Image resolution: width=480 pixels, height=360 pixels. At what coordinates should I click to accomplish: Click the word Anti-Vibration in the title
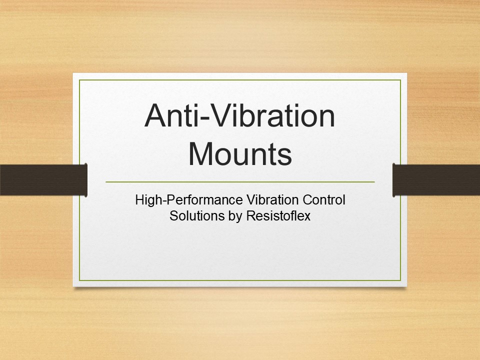point(240,116)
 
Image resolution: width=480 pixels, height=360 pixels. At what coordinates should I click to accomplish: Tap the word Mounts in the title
point(240,154)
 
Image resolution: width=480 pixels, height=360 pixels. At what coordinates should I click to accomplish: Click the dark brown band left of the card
point(43,180)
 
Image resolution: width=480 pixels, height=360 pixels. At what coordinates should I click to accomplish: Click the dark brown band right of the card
point(436,180)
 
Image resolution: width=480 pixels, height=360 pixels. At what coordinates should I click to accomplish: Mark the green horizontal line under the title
point(240,182)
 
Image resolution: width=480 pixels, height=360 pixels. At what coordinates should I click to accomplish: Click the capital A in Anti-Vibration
point(156,116)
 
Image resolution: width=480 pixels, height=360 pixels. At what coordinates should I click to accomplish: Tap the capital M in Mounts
point(202,154)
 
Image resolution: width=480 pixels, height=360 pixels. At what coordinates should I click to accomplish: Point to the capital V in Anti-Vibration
point(226,116)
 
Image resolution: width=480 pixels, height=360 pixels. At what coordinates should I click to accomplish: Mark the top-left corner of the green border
point(79,80)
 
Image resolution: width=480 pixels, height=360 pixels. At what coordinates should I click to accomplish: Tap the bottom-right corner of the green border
point(400,280)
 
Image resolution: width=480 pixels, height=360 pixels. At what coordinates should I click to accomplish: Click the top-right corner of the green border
point(400,80)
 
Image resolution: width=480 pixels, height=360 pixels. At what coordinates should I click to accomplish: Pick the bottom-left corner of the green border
point(79,280)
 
